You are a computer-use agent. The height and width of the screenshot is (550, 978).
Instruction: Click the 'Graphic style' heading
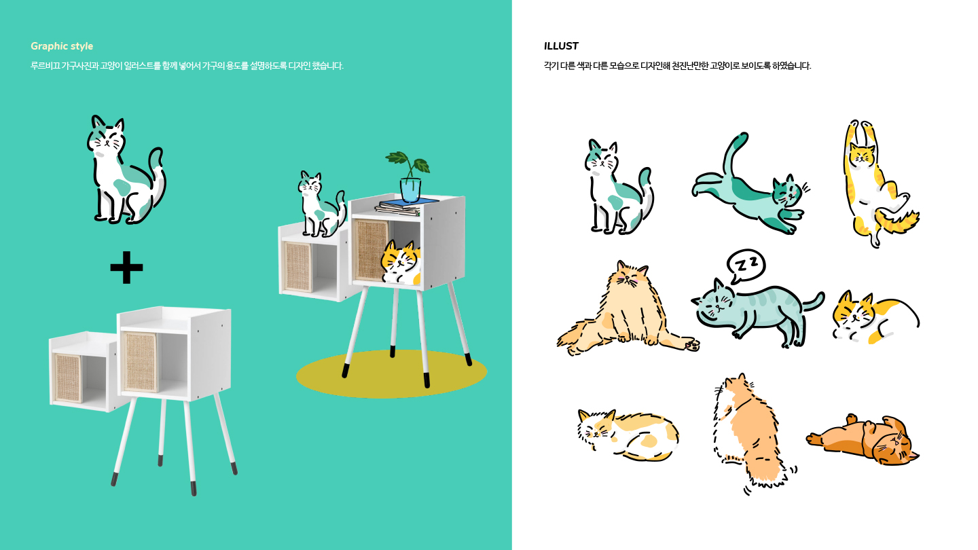(x=62, y=46)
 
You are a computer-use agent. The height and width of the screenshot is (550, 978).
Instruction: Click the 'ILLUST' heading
(x=561, y=46)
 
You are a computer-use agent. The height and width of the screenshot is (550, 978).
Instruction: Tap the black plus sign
(x=126, y=267)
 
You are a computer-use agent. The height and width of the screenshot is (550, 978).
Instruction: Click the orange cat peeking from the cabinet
(x=401, y=263)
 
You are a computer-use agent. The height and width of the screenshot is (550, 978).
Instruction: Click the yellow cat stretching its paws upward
(x=877, y=183)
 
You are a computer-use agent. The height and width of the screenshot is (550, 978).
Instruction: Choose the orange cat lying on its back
(x=863, y=439)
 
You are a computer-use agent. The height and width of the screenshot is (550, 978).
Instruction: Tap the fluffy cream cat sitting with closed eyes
(x=626, y=310)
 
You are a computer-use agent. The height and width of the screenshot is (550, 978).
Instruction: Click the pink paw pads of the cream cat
(x=693, y=345)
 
